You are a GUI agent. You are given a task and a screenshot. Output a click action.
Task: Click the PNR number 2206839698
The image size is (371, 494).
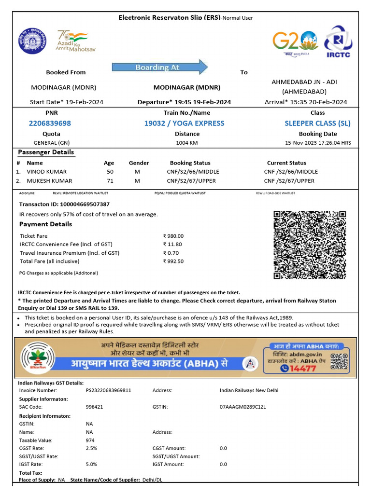[50, 123]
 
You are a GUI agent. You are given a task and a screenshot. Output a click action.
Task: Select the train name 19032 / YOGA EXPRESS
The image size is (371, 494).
[184, 123]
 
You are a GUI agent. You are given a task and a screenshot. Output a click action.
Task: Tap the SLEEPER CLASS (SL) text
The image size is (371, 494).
[317, 123]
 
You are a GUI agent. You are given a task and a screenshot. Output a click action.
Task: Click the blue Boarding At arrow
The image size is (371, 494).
[160, 67]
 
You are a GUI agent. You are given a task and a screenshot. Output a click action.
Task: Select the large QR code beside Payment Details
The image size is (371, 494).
[310, 245]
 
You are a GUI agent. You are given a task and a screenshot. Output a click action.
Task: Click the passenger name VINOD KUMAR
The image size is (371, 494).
[47, 172]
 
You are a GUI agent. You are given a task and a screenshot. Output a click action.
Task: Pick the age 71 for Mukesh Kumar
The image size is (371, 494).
[110, 181]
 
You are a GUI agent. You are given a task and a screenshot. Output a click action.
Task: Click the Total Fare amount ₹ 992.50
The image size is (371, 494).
[173, 261]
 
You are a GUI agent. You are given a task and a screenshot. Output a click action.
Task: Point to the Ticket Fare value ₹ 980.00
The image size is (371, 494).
[173, 236]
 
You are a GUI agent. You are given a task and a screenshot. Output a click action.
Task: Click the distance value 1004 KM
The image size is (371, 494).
[187, 143]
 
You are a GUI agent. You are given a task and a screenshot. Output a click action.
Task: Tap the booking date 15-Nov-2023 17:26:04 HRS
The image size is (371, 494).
[318, 143]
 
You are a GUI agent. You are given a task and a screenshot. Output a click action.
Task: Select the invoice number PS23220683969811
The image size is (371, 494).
[108, 390]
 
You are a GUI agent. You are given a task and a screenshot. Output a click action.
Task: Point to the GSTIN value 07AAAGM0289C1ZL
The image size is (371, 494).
[243, 407]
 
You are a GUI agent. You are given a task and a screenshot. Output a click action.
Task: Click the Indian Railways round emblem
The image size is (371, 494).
[30, 41]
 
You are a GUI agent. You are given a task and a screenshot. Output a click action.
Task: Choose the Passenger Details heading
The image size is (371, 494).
[46, 152]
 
